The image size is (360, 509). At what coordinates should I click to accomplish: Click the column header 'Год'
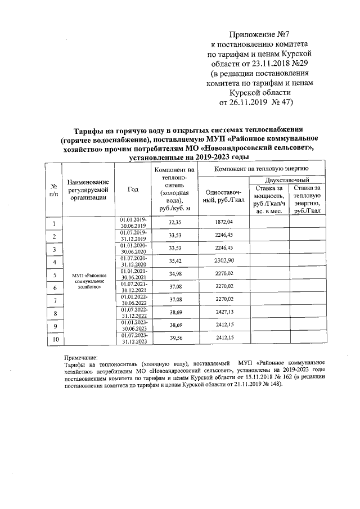tap(133, 189)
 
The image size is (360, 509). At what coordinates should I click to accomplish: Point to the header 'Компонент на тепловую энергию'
tap(260, 169)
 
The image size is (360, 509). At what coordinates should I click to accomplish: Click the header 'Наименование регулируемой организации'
tap(88, 189)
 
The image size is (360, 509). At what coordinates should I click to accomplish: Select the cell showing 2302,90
tap(223, 262)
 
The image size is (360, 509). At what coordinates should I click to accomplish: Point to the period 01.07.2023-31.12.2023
tap(133, 338)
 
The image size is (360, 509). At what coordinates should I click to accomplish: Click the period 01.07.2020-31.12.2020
tap(133, 262)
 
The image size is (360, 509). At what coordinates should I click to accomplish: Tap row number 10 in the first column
tap(54, 339)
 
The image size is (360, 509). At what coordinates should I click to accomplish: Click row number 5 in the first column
tap(54, 275)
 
